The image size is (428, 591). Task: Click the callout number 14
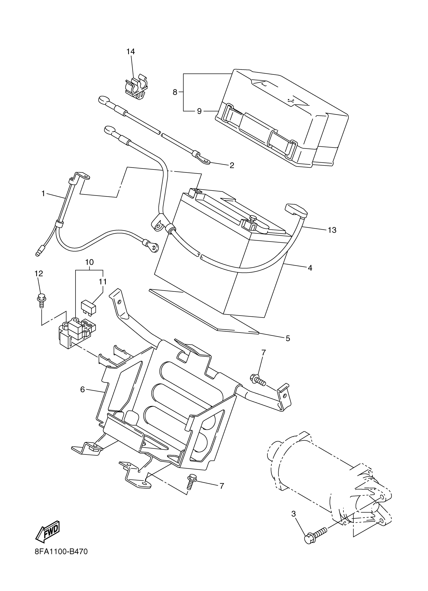[x=130, y=52]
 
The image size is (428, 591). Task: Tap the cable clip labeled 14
[x=136, y=88]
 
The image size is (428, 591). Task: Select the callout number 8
[x=175, y=92]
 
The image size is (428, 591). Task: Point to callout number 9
[x=199, y=111]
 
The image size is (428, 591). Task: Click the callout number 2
[x=232, y=165]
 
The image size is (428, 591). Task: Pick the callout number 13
[x=332, y=230]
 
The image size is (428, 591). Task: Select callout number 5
[x=288, y=338]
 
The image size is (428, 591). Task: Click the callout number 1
[x=43, y=193]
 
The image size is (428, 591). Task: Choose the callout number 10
[x=89, y=262]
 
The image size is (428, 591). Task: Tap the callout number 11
[x=103, y=282]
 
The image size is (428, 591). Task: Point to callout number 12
[x=39, y=273]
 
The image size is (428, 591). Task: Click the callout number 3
[x=294, y=514]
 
